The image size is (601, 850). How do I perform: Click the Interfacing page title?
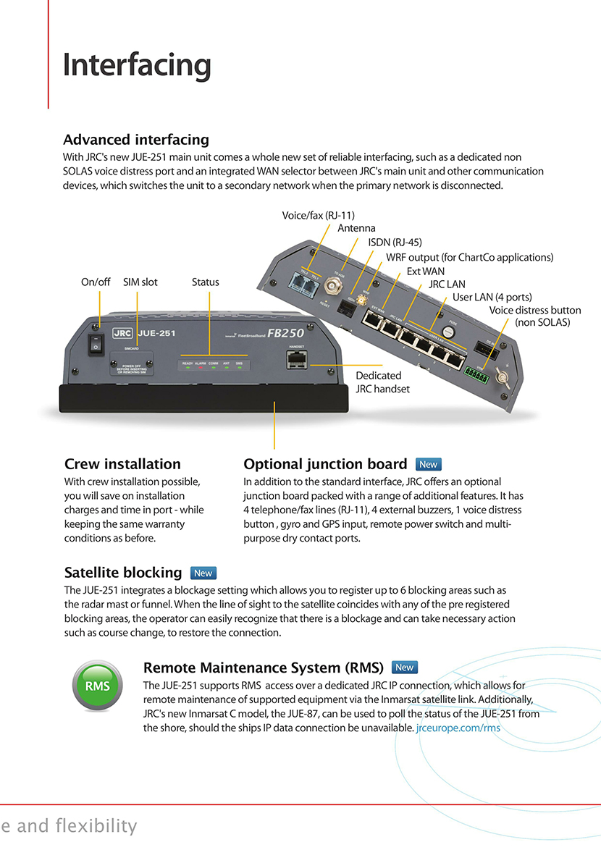(x=137, y=65)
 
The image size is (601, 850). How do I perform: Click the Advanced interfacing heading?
(x=136, y=140)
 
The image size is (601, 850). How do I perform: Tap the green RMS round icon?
(x=97, y=685)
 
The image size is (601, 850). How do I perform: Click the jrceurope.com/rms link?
(x=458, y=728)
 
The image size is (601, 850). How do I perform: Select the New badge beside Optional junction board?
(x=429, y=464)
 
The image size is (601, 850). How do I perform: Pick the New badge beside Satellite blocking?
(x=203, y=573)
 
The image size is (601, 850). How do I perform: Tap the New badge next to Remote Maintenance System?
(x=404, y=667)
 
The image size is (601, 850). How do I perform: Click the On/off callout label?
(x=96, y=282)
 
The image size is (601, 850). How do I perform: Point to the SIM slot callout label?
(x=140, y=282)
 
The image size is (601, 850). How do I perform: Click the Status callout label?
(x=206, y=282)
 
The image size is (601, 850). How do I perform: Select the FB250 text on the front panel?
(x=285, y=334)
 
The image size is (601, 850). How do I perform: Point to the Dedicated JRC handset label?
(x=382, y=382)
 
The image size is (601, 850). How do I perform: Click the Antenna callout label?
(x=356, y=228)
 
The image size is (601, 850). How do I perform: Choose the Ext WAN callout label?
(x=425, y=271)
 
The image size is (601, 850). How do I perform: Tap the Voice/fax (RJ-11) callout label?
(x=318, y=215)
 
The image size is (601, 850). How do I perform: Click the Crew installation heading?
(x=122, y=464)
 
